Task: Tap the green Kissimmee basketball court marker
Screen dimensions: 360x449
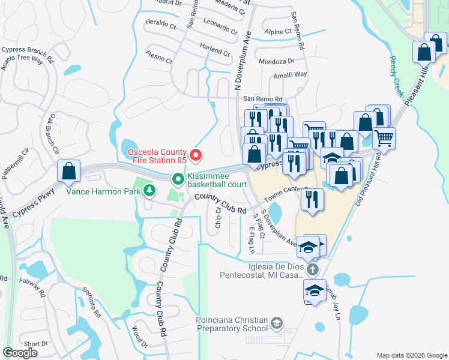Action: coord(178,179)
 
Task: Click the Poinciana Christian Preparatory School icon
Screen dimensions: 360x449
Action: coord(276,324)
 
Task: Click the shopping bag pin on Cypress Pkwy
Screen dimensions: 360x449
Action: coord(69,170)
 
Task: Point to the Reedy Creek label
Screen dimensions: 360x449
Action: coord(398,77)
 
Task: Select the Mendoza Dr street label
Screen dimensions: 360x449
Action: coord(276,61)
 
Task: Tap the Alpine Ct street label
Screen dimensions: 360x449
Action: coord(278,31)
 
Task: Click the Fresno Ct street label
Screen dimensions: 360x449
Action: coord(159,58)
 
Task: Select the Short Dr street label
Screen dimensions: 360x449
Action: coord(36,344)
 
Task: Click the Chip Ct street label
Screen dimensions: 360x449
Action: coord(218,218)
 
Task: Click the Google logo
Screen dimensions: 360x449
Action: coord(20,353)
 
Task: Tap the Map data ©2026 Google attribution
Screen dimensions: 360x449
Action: coord(411,355)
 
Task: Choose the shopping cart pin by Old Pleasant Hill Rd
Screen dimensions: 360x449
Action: coord(384,139)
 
